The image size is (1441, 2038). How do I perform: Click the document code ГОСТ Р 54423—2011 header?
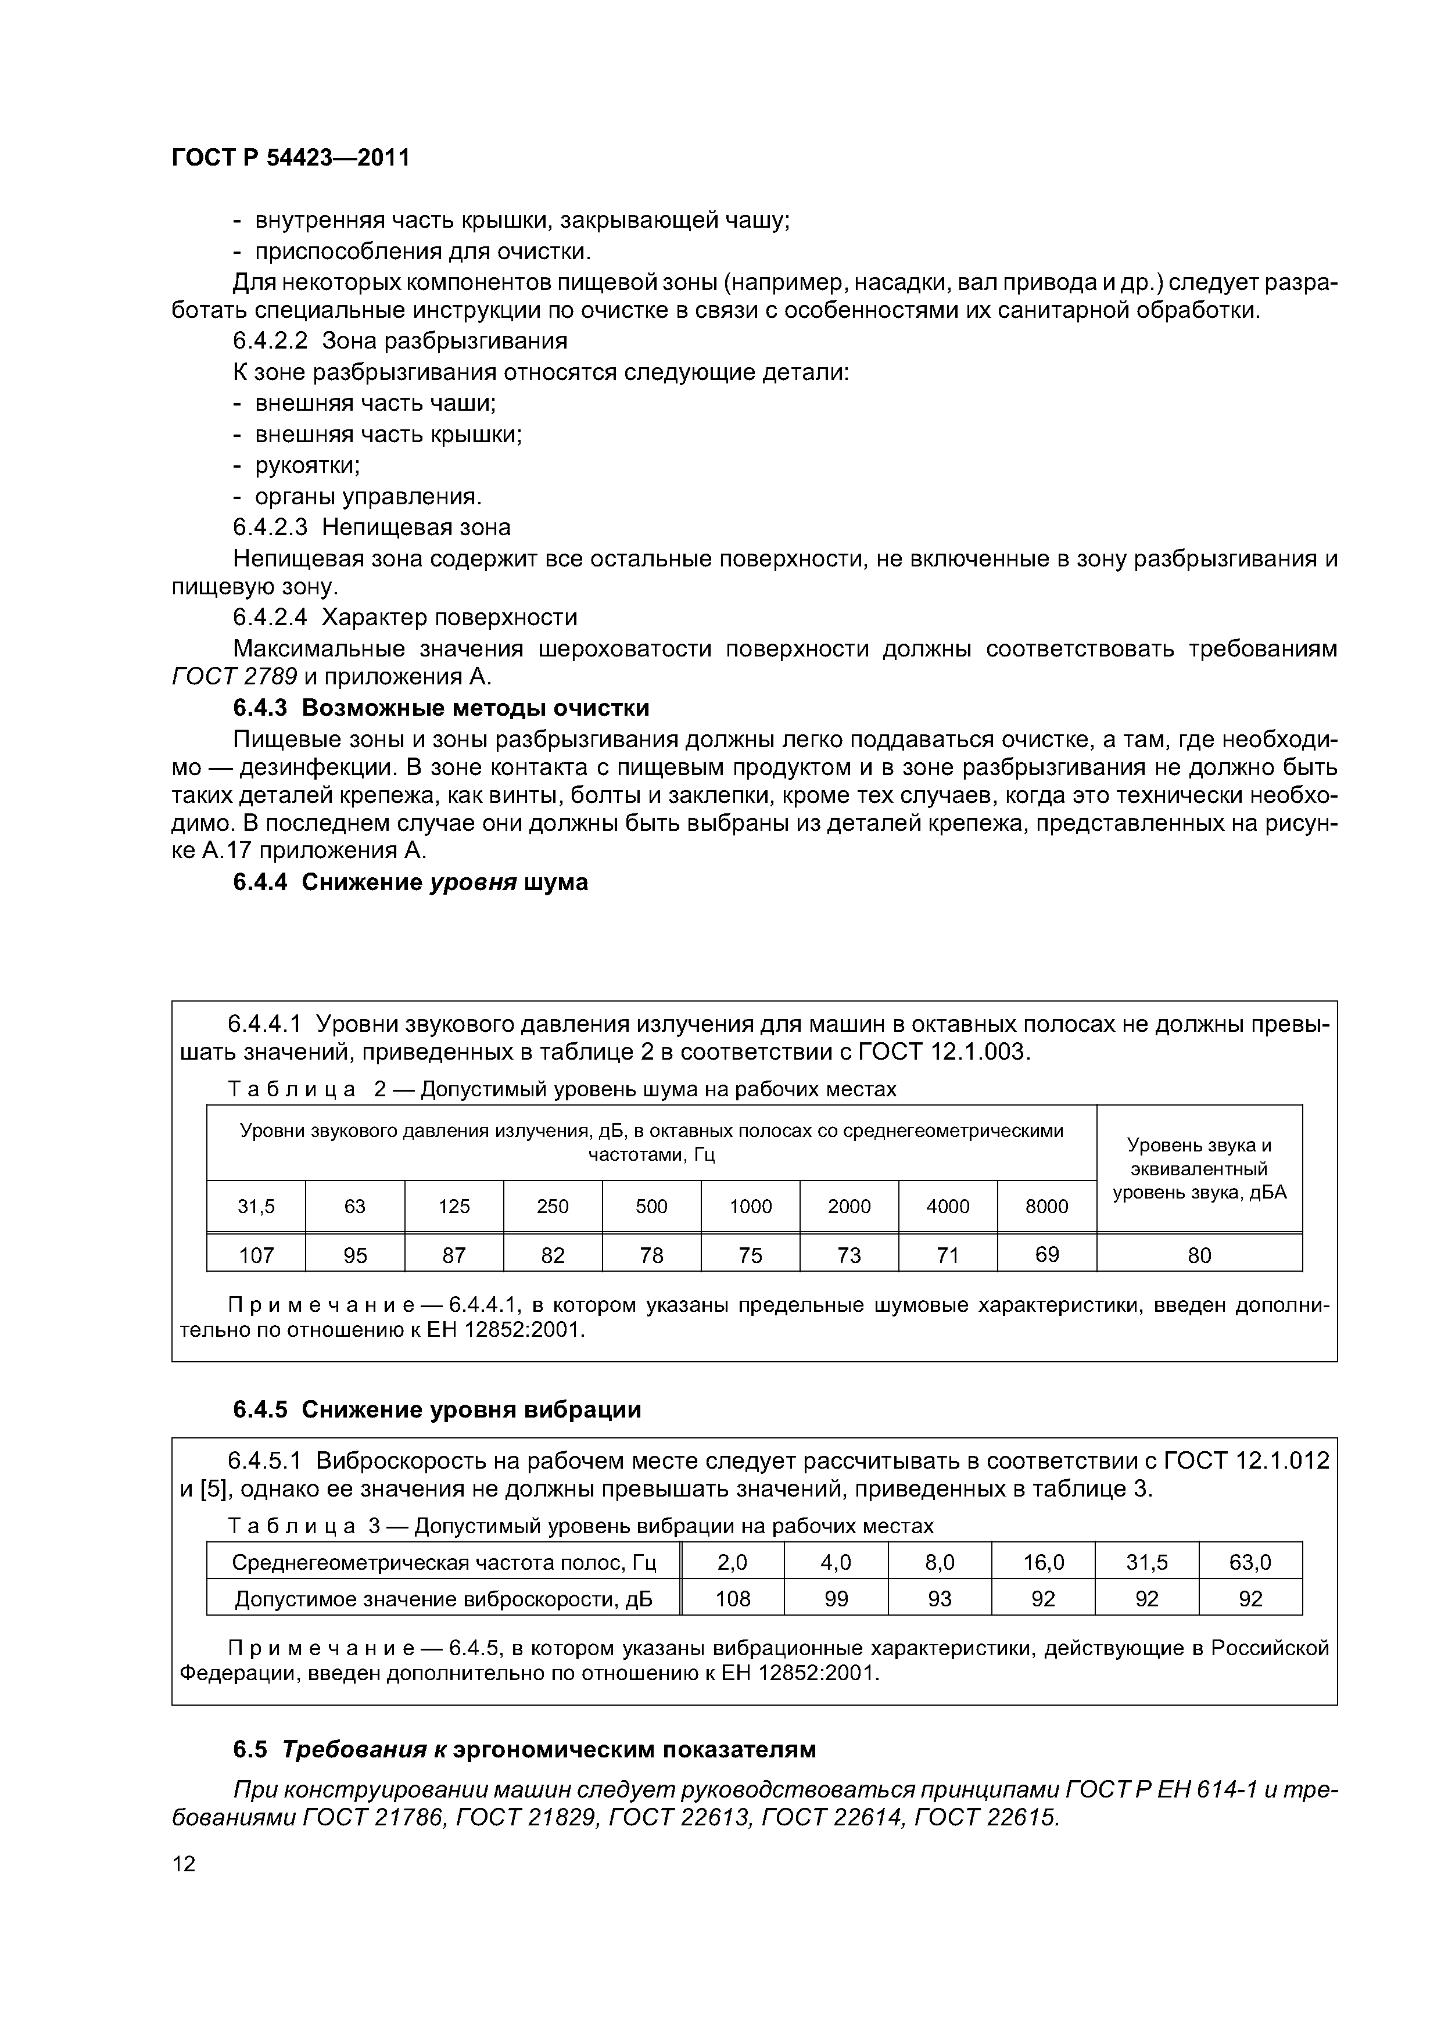pyautogui.click(x=291, y=158)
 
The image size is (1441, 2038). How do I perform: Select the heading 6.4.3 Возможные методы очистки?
pyautogui.click(x=440, y=708)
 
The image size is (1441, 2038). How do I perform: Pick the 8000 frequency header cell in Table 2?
pyautogui.click(x=1047, y=1206)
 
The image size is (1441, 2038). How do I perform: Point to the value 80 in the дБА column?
pyautogui.click(x=1199, y=1254)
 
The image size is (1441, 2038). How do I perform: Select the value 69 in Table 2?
pyautogui.click(x=1047, y=1254)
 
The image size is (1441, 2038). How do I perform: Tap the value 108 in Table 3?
pyautogui.click(x=733, y=1599)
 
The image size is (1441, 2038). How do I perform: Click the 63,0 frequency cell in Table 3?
pyautogui.click(x=1250, y=1562)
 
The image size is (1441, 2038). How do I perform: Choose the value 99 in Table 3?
pyautogui.click(x=836, y=1599)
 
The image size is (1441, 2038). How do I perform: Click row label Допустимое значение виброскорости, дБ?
pyautogui.click(x=443, y=1599)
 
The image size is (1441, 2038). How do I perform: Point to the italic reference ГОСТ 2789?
pyautogui.click(x=234, y=676)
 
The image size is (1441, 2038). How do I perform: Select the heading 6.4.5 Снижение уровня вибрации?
pyautogui.click(x=437, y=1409)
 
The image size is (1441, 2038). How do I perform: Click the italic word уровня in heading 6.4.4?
pyautogui.click(x=473, y=882)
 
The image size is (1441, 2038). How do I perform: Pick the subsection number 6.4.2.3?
pyautogui.click(x=270, y=528)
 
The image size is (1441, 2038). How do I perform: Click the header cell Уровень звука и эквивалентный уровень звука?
pyautogui.click(x=1199, y=1168)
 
